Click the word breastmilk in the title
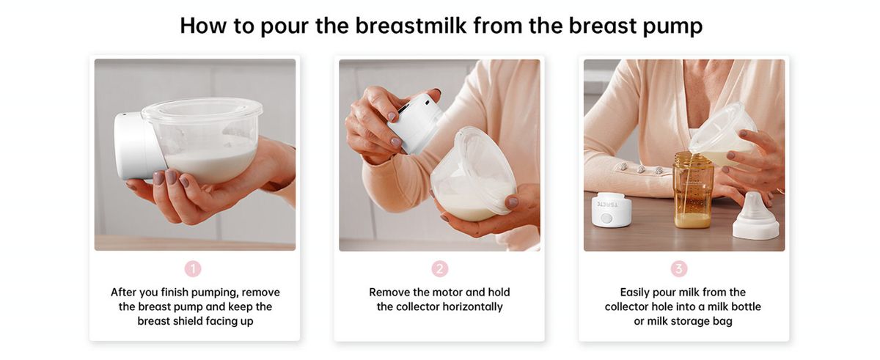411,26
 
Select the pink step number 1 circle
193,269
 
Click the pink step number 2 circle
439,269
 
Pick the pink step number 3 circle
679,269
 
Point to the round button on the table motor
607,218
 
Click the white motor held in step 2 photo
415,123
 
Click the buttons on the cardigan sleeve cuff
641,169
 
